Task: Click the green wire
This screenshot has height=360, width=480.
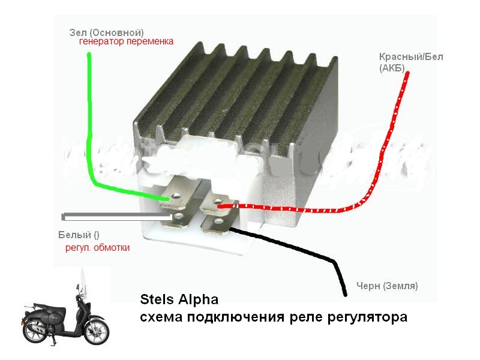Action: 91,120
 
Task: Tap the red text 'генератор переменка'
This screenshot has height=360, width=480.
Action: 126,42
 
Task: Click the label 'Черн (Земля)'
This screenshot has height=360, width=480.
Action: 387,286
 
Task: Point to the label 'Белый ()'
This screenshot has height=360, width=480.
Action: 79,235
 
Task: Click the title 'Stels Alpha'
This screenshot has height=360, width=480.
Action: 179,299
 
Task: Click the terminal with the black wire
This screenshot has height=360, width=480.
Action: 217,227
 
